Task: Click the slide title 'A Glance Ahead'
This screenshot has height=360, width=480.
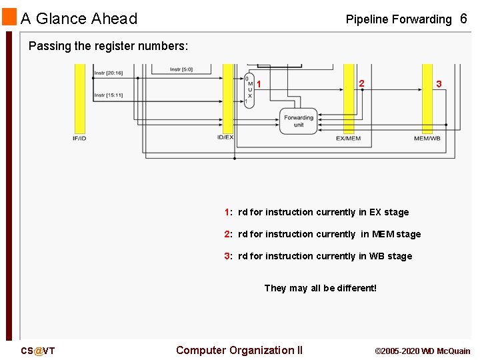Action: pyautogui.click(x=79, y=19)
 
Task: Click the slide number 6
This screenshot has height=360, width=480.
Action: pyautogui.click(x=463, y=19)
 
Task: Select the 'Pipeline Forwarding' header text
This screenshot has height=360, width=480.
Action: pyautogui.click(x=398, y=19)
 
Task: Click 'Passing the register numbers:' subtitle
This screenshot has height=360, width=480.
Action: pyautogui.click(x=109, y=46)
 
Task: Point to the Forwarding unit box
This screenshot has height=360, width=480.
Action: pyautogui.click(x=298, y=121)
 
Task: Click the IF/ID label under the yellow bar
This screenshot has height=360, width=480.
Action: pyautogui.click(x=80, y=138)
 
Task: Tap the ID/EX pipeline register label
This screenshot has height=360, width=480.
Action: pyautogui.click(x=225, y=138)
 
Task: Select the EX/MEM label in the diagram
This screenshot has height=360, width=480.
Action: pyautogui.click(x=348, y=139)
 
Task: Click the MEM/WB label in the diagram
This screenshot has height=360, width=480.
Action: pyautogui.click(x=427, y=139)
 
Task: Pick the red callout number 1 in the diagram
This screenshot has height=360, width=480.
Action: pyautogui.click(x=259, y=84)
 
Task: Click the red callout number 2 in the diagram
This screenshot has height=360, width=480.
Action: pyautogui.click(x=361, y=83)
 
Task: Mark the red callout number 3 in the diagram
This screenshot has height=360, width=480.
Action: pyautogui.click(x=439, y=84)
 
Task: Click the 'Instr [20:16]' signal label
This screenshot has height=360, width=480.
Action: pyautogui.click(x=108, y=73)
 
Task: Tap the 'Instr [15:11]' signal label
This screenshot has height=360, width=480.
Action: pyautogui.click(x=108, y=95)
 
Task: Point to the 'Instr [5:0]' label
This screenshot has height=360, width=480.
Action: pyautogui.click(x=181, y=69)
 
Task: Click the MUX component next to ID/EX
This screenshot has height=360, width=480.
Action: pyautogui.click(x=249, y=90)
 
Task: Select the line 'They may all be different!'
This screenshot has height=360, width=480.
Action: pyautogui.click(x=320, y=288)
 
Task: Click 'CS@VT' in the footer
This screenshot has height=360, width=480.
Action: pyautogui.click(x=37, y=351)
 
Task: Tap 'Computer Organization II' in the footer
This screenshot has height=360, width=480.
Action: pyautogui.click(x=239, y=350)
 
